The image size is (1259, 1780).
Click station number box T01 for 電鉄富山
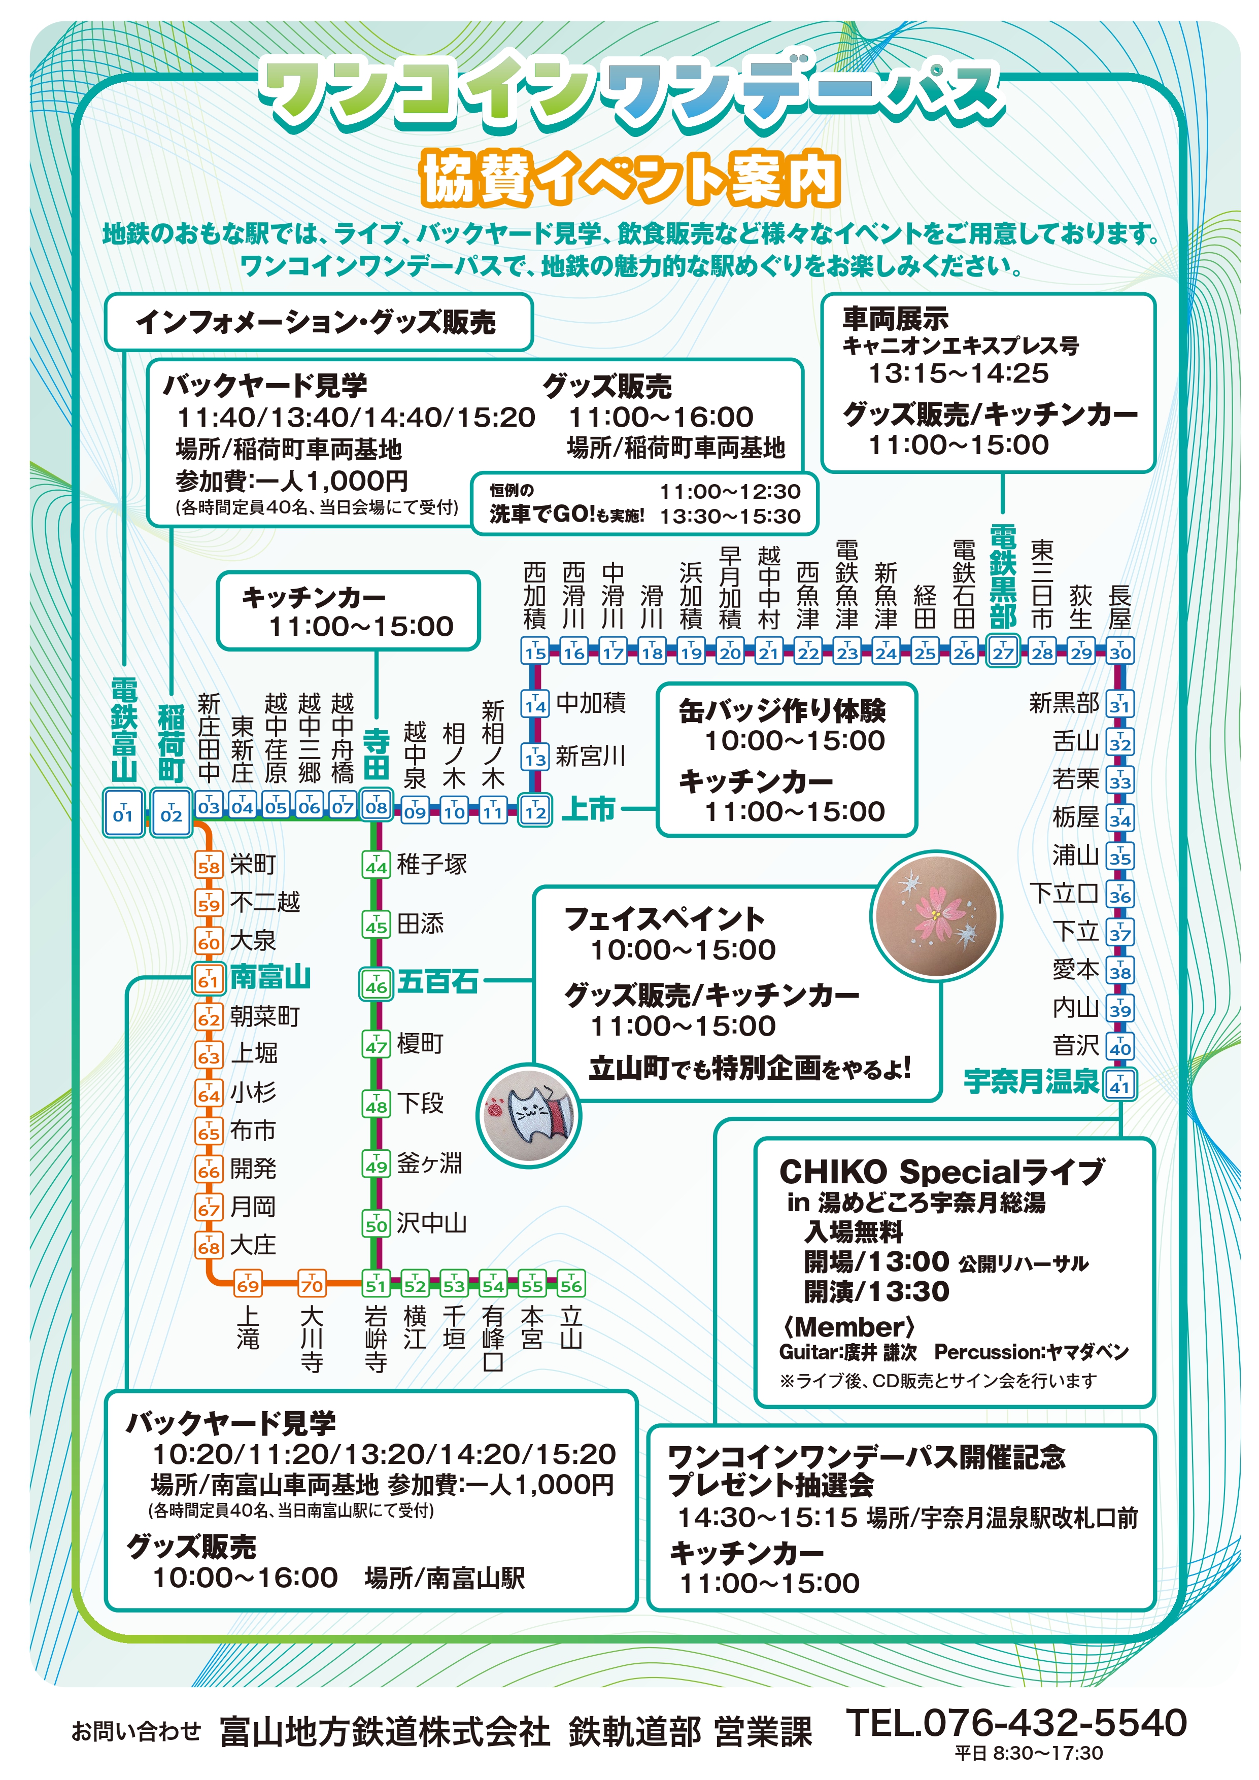click(123, 812)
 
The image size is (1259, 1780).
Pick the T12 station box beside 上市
click(535, 810)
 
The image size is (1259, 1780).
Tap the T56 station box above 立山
click(570, 1284)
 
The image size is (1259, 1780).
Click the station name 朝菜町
click(264, 1016)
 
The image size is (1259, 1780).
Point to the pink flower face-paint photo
click(936, 916)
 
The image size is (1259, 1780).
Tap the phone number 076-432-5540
click(1015, 1723)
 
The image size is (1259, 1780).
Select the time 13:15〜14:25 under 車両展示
click(958, 373)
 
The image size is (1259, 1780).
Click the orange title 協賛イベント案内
click(629, 179)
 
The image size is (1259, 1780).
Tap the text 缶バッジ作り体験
click(781, 711)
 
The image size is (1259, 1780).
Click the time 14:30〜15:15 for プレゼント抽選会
click(767, 1517)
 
